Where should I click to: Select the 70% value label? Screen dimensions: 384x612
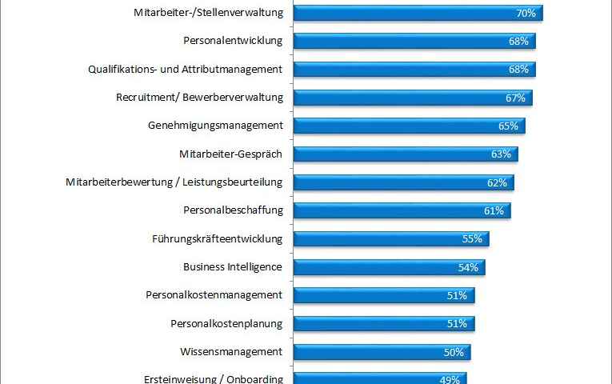(526, 14)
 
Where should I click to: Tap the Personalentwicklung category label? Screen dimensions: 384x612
(233, 42)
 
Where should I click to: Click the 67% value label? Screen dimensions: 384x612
(515, 98)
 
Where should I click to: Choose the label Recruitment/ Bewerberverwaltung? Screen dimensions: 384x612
(200, 98)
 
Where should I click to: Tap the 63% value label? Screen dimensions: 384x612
(501, 154)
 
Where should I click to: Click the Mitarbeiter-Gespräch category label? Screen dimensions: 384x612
(230, 154)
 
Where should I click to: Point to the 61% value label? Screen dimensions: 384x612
(494, 211)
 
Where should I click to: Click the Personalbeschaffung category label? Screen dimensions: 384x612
(233, 210)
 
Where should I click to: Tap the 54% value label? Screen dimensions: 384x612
(468, 267)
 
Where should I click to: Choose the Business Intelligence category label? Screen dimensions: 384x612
(233, 266)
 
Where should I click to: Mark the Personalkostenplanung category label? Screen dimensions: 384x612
(226, 323)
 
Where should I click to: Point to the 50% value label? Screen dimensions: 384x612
(454, 352)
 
